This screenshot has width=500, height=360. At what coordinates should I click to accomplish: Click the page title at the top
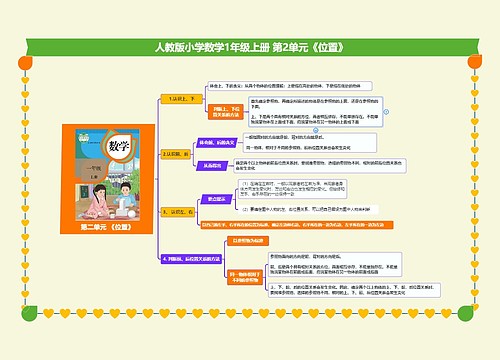pos(249,47)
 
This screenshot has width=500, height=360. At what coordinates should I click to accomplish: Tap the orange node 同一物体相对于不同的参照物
pos(249,275)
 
